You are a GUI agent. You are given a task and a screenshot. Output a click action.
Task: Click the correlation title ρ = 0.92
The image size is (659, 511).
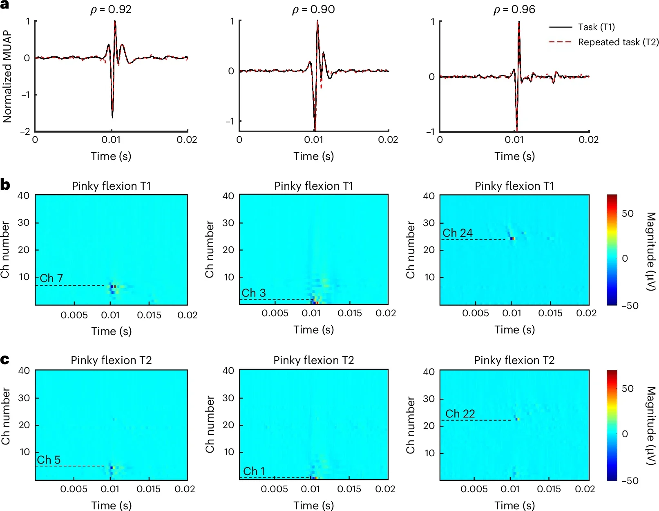tap(111, 9)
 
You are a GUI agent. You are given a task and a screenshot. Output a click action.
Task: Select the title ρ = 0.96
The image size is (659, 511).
tap(514, 9)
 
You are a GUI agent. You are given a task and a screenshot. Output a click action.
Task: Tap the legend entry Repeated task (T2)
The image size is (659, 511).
tap(618, 42)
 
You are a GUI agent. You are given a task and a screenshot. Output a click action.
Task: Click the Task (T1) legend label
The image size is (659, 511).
tap(596, 27)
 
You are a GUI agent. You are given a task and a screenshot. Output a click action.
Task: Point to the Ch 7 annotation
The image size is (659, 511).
tap(51, 278)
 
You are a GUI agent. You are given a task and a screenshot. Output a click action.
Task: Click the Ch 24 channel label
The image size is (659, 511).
tap(457, 233)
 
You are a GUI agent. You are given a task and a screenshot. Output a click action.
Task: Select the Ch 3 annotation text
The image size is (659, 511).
tap(253, 293)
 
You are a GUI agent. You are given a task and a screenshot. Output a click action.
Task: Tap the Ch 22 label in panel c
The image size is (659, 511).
tap(460, 413)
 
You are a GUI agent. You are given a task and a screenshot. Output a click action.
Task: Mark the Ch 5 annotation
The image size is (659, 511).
tap(49, 460)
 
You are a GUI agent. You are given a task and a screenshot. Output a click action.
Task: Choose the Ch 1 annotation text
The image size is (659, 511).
tap(254, 471)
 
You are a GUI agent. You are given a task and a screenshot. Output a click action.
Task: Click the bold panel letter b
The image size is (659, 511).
tap(5, 185)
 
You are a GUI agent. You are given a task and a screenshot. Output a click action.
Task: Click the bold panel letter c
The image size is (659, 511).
tap(5, 360)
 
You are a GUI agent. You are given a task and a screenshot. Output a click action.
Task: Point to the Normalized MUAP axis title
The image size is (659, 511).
tap(7, 76)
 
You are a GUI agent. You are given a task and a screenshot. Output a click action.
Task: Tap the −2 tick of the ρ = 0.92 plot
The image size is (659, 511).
tap(25, 131)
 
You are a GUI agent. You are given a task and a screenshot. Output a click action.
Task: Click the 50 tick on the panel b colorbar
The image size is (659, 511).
tap(627, 213)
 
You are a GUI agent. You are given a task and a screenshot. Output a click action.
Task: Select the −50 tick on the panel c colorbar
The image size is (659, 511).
tap(630, 480)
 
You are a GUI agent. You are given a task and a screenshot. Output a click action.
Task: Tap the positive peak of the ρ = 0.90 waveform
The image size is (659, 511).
tap(317, 22)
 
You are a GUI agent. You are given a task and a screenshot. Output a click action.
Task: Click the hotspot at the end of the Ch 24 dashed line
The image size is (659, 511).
tap(512, 239)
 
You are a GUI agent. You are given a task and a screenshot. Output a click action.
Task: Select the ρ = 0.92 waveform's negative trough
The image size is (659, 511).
tap(112, 117)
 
